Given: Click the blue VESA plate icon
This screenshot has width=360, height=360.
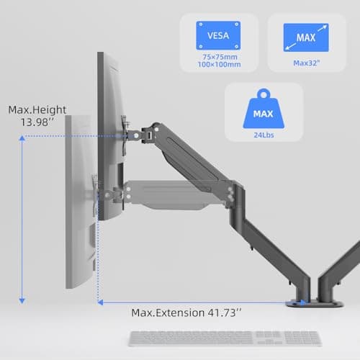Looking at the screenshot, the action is pos(218,35).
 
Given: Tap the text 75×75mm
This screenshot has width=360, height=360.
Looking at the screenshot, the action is pos(220,57).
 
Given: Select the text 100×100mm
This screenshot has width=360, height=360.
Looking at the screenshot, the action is pos(219,64).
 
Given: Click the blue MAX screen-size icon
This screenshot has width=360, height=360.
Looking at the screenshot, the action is pos(306,37).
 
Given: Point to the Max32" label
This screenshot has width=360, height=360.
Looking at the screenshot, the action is pos(307,63).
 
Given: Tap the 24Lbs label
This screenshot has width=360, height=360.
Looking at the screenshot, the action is pos(264,135).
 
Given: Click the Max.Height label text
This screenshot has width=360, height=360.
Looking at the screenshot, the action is pos(37,110).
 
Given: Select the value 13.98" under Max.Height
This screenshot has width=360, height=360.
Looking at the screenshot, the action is pos(37,122).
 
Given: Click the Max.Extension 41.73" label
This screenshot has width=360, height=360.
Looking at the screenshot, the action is pos(186,312).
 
